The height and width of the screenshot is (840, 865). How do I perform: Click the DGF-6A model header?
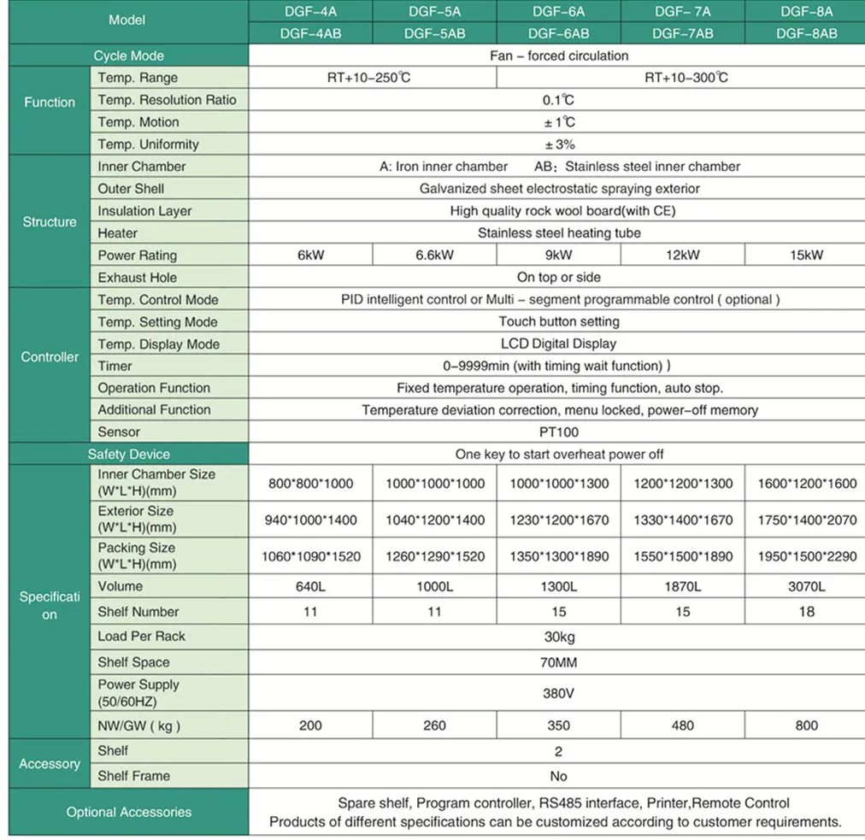pyautogui.click(x=559, y=12)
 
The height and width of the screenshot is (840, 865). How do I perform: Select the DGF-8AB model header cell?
pyautogui.click(x=806, y=33)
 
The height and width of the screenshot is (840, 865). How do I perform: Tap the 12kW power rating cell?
pyautogui.click(x=682, y=255)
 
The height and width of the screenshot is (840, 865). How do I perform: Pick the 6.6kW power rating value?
pyautogui.click(x=434, y=255)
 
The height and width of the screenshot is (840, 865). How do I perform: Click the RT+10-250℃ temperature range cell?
pyautogui.click(x=373, y=78)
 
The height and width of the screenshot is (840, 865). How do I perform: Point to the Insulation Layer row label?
pyautogui.click(x=144, y=211)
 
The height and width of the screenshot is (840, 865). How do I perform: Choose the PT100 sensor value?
pyautogui.click(x=559, y=432)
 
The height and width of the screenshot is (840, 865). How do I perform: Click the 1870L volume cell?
pyautogui.click(x=682, y=586)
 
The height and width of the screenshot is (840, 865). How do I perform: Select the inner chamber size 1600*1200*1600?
pyautogui.click(x=806, y=484)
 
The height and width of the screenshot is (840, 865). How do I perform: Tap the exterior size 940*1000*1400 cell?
pyautogui.click(x=310, y=520)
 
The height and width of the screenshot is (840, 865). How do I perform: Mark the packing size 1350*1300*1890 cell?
pyautogui.click(x=559, y=556)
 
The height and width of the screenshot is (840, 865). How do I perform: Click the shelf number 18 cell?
pyautogui.click(x=806, y=612)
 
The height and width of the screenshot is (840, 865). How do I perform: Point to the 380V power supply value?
pyautogui.click(x=559, y=693)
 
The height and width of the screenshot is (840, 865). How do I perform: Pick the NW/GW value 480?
pyautogui.click(x=682, y=725)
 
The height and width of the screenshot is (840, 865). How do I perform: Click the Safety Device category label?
pyautogui.click(x=128, y=455)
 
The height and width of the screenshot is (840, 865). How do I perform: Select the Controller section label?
pyautogui.click(x=50, y=357)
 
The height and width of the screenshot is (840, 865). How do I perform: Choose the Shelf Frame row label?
pyautogui.click(x=133, y=776)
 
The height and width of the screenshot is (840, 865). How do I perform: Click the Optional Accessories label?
pyautogui.click(x=128, y=813)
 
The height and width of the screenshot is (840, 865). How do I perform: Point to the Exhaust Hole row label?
pyautogui.click(x=138, y=278)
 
